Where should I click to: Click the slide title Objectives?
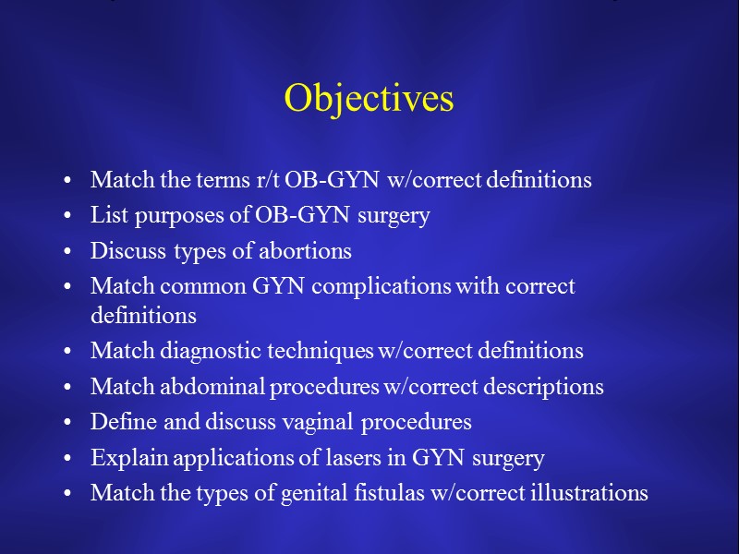click(x=369, y=99)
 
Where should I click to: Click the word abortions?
click(x=307, y=251)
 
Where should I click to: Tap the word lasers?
click(x=331, y=458)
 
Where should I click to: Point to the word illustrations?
click(x=589, y=493)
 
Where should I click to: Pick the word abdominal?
click(x=218, y=387)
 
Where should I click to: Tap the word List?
click(x=106, y=216)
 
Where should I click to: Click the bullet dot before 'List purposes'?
click(x=70, y=217)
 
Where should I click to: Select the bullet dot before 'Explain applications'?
click(x=70, y=459)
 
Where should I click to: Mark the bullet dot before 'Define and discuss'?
click(x=70, y=424)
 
